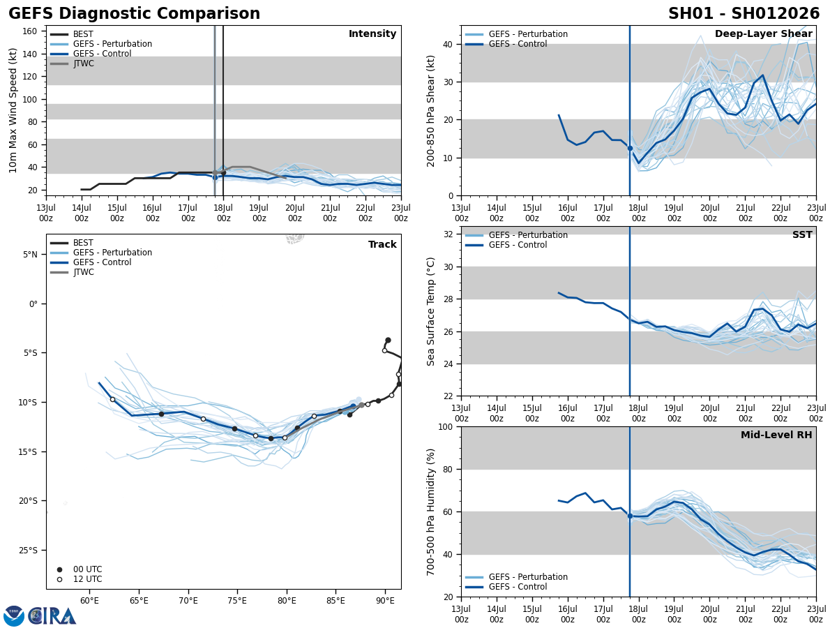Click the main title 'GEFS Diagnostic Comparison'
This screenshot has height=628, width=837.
tap(134, 14)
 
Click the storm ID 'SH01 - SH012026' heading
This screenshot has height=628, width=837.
tap(744, 14)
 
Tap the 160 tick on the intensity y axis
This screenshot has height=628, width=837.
tap(31, 31)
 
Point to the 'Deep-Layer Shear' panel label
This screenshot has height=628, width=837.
tap(763, 34)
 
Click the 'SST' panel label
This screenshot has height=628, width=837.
tap(801, 235)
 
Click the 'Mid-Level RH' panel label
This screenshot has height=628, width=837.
tap(776, 435)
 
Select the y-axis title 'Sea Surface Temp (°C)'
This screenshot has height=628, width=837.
tap(431, 311)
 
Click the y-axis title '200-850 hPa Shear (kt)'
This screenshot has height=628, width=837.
tap(431, 110)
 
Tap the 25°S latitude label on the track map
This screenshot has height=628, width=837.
tap(30, 550)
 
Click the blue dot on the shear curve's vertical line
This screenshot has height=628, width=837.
tap(630, 148)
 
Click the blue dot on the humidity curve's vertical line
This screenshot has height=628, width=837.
tap(630, 516)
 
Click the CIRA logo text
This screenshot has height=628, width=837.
tap(53, 616)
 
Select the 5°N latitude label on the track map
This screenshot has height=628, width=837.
tap(30, 254)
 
